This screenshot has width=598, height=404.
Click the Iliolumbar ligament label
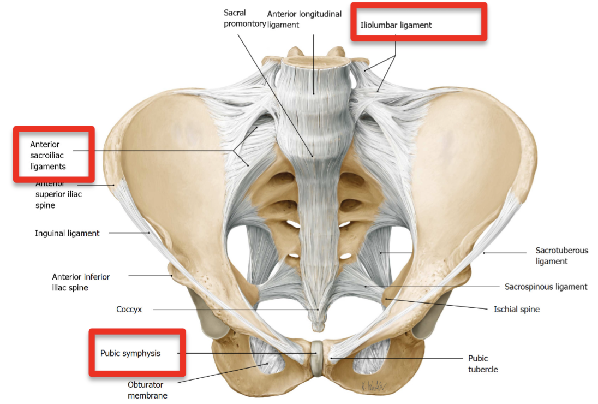coord(396,25)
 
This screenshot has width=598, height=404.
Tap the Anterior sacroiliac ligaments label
coord(48,156)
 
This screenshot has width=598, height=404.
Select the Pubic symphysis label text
coord(130,353)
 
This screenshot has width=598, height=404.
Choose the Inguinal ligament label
coord(67,233)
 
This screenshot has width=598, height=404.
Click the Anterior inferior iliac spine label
coord(81,282)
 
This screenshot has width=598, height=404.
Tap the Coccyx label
coord(129,310)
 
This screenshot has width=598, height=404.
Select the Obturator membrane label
coord(147,390)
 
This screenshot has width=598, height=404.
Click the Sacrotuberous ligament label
coord(561,256)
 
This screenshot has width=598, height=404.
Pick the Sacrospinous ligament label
coord(546,287)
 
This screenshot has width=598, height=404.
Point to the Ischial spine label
coord(516,310)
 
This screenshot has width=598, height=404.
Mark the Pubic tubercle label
coord(483,364)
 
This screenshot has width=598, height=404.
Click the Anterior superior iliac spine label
coord(58,194)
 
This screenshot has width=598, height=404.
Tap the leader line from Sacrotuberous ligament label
coord(507,253)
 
